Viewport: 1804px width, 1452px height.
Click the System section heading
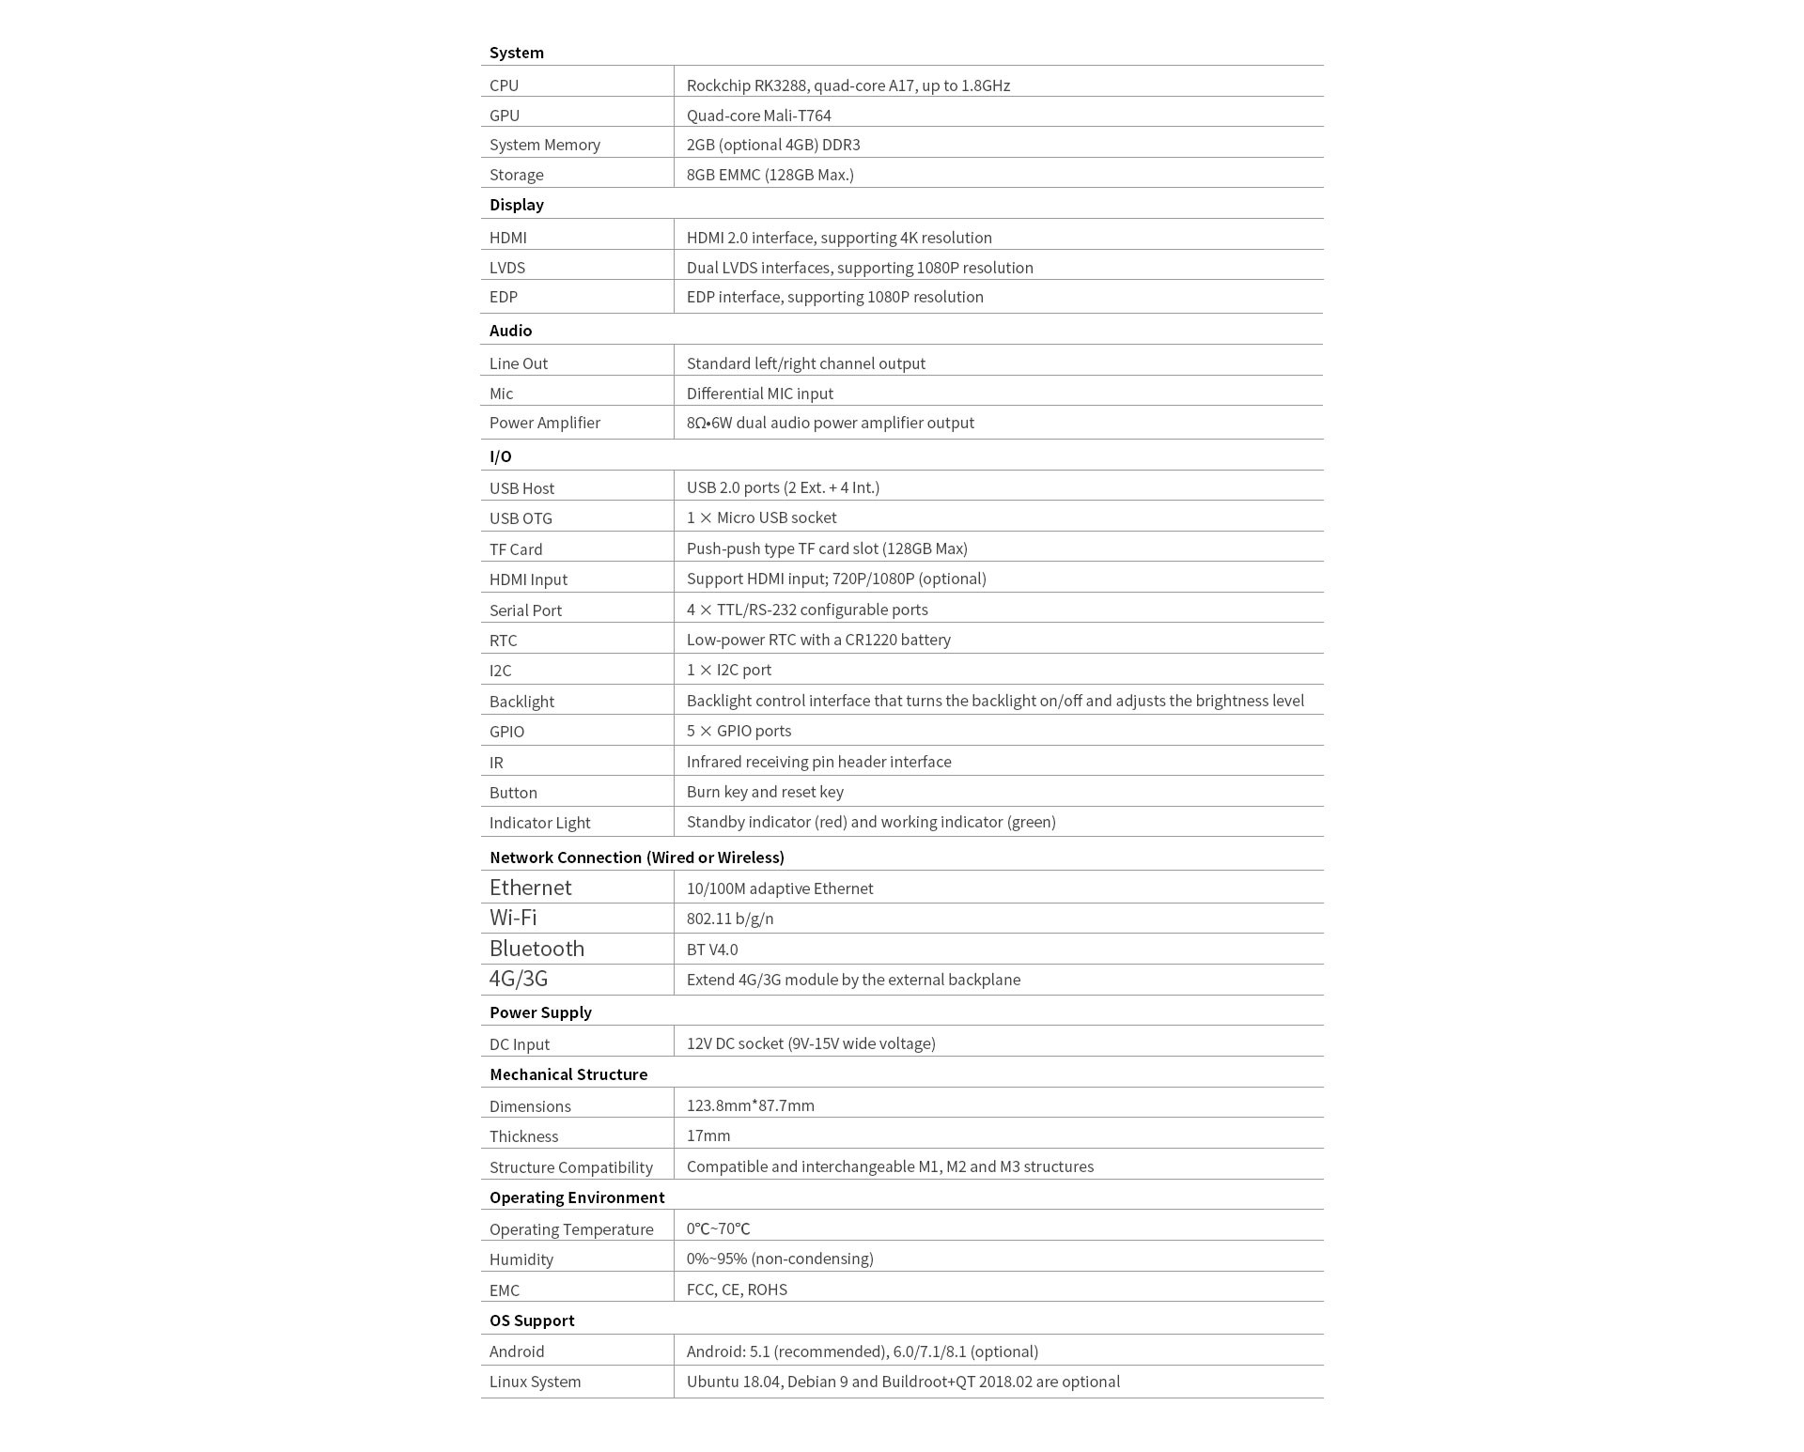click(x=516, y=53)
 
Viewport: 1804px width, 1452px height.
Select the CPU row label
click(x=504, y=85)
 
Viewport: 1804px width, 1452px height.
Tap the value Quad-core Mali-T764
click(x=758, y=116)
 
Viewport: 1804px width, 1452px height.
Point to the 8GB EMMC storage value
click(x=770, y=175)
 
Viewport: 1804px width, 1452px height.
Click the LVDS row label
click(x=506, y=268)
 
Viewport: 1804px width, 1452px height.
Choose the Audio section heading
click(x=510, y=331)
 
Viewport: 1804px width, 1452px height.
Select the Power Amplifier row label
click(x=544, y=423)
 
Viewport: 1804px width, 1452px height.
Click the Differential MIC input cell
click(x=759, y=394)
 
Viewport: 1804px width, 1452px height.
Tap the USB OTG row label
click(x=521, y=518)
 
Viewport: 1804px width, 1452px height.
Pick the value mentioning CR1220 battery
click(x=817, y=640)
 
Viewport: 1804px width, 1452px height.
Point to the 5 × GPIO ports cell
click(x=739, y=731)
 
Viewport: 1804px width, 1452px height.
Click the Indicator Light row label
click(x=539, y=823)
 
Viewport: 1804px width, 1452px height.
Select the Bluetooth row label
click(x=537, y=949)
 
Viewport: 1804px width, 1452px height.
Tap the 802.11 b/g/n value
click(x=729, y=919)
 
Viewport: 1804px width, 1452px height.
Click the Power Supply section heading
click(x=540, y=1012)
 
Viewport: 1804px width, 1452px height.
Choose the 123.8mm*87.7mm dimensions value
click(x=750, y=1105)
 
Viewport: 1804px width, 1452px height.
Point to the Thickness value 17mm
click(x=708, y=1135)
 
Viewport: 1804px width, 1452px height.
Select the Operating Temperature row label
click(x=570, y=1229)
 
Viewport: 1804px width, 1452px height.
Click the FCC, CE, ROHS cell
click(x=737, y=1290)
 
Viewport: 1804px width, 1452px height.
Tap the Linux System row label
click(x=535, y=1382)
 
